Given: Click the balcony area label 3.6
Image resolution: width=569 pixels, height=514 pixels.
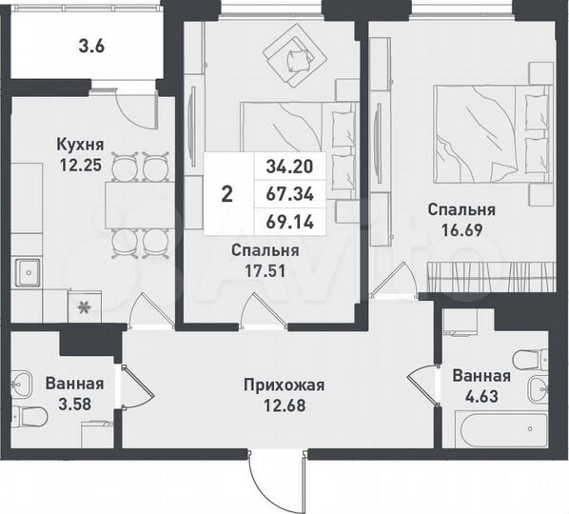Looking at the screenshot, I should coord(90,44).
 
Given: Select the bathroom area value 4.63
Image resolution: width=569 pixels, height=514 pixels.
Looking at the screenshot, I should coord(481,393).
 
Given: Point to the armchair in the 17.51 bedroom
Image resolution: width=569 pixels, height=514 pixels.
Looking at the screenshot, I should coord(292,58).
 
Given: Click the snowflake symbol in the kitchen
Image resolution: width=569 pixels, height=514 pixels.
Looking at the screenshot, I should coord(84,306).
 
